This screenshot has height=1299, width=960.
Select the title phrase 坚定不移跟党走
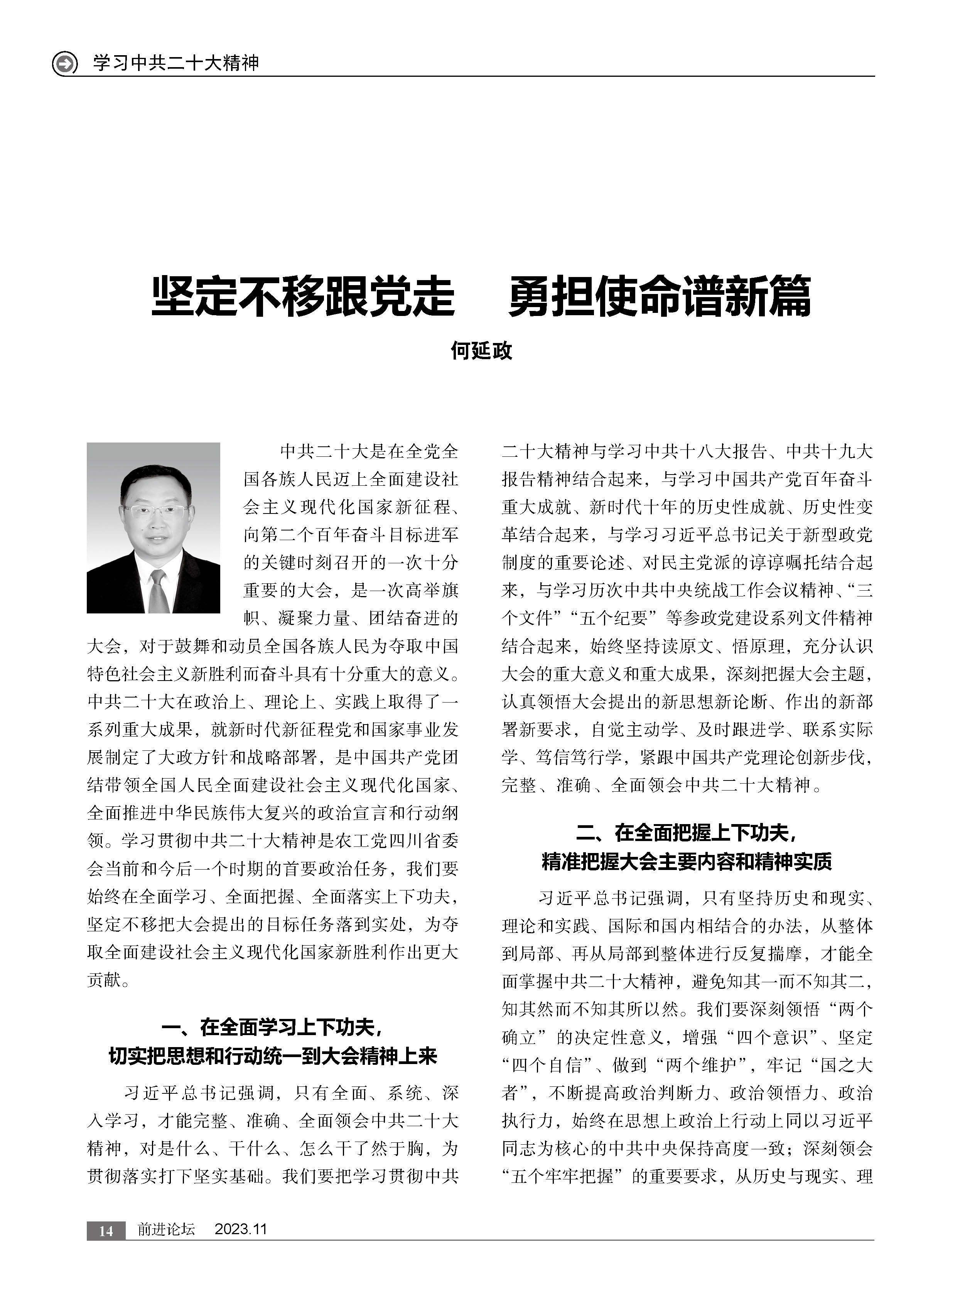(303, 297)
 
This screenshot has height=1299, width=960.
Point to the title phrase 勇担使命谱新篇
(659, 297)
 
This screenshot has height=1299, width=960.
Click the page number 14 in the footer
(106, 1230)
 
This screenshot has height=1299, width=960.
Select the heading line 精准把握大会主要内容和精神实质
(687, 861)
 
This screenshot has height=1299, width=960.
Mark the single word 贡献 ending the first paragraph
(105, 980)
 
